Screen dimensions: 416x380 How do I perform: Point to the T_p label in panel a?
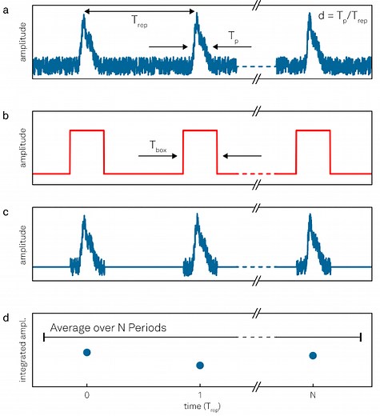[233, 38]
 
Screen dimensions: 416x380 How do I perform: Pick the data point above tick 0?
[87, 352]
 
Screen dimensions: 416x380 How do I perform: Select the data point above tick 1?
[200, 366]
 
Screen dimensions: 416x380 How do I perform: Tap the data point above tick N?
[313, 355]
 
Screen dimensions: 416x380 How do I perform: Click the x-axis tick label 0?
[86, 394]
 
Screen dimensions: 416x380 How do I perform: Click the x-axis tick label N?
[313, 394]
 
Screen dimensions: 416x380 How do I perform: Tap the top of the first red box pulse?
[87, 129]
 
